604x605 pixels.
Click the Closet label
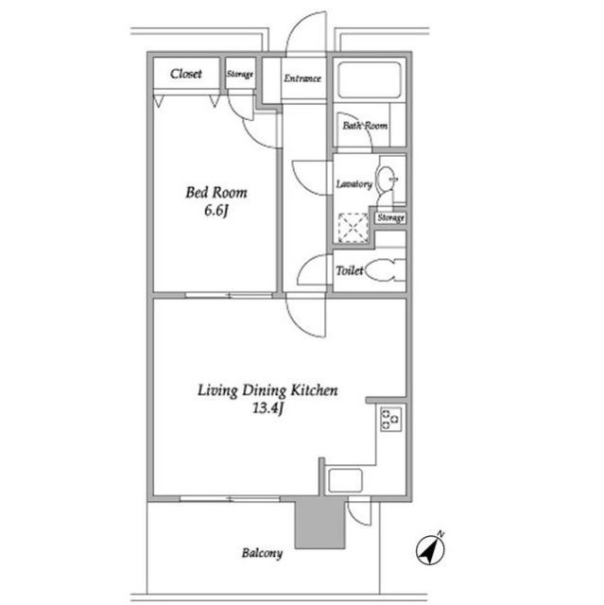(x=186, y=74)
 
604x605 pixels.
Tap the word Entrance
(x=302, y=78)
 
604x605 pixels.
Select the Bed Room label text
(x=216, y=192)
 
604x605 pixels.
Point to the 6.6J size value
(x=216, y=211)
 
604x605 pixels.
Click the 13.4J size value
(x=268, y=408)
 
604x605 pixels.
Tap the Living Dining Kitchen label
(x=267, y=390)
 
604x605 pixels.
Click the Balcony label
(x=262, y=553)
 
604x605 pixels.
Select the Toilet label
(x=350, y=270)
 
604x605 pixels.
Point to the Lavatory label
(x=354, y=184)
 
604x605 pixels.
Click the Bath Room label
(x=365, y=126)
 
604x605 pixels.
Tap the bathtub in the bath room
(x=370, y=79)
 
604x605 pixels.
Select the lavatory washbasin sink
(x=387, y=179)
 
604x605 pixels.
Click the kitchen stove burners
(x=391, y=419)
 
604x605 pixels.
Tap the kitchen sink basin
(x=345, y=480)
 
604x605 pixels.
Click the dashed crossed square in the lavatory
(x=353, y=228)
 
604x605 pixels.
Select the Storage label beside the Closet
(x=240, y=74)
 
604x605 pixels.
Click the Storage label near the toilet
(x=390, y=218)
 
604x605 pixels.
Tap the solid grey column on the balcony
(x=319, y=525)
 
